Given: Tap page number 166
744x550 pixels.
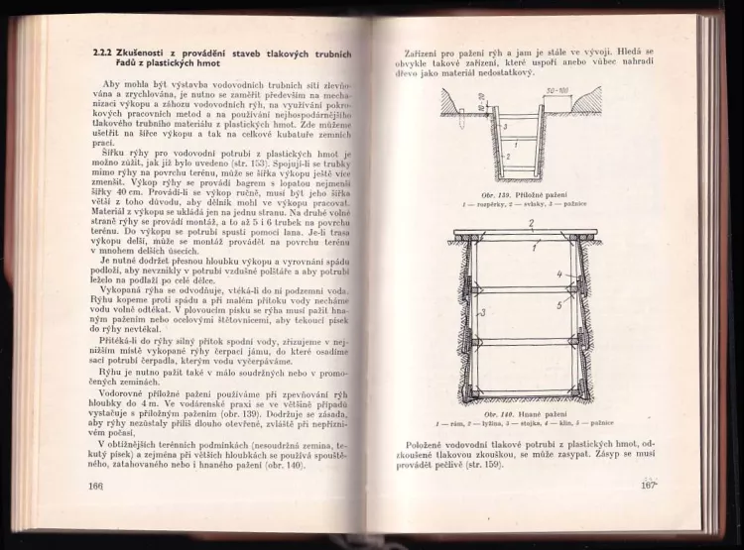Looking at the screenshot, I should click(x=95, y=486).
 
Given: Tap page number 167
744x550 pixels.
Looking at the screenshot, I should click(x=650, y=486).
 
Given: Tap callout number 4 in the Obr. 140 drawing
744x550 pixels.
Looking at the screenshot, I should click(x=559, y=275).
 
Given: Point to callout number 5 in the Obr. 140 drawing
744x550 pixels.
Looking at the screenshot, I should click(x=561, y=305).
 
